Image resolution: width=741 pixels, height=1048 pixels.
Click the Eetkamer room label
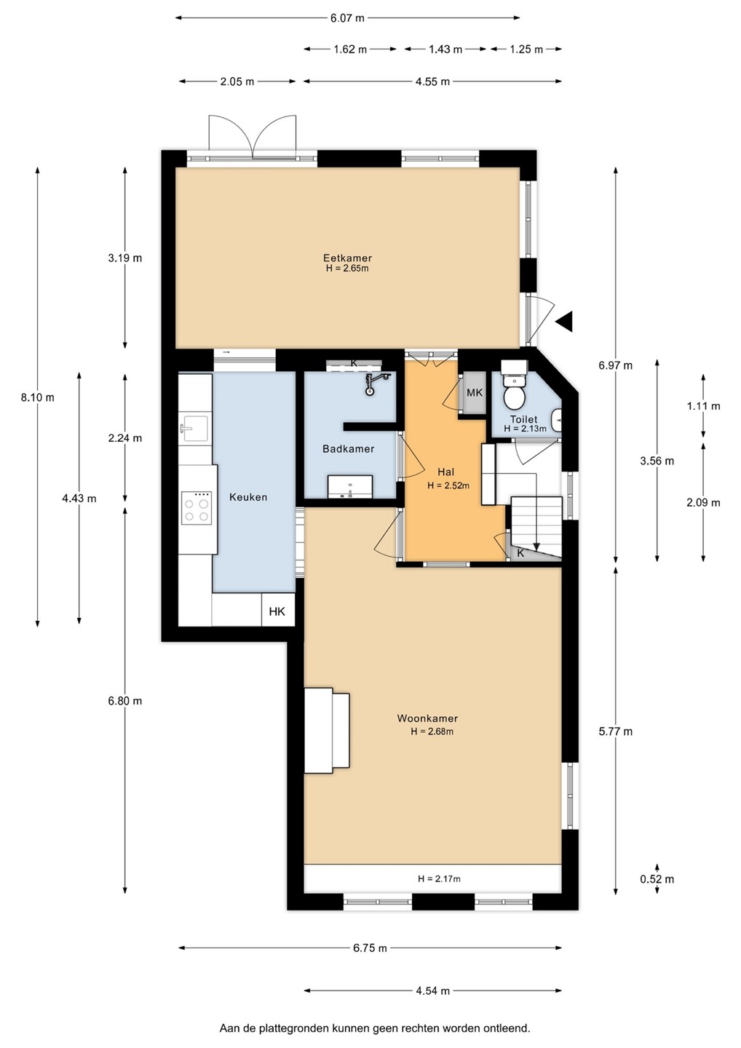347,258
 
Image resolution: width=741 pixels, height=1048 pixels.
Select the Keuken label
248,497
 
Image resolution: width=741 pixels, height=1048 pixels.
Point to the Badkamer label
349,449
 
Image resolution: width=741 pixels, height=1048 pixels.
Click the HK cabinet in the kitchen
277,611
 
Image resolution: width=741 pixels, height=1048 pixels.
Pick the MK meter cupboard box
475,392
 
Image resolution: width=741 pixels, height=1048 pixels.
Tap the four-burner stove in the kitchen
196,508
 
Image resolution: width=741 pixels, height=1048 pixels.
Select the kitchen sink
193,428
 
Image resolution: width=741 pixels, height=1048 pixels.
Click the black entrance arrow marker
565,322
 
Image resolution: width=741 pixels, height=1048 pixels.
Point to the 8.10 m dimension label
37,397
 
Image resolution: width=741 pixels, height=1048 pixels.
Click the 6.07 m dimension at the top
347,18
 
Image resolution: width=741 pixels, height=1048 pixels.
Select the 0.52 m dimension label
657,879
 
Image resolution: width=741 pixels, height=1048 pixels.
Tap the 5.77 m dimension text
616,731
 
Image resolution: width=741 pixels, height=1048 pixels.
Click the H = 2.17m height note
439,878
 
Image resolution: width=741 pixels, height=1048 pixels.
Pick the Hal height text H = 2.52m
448,485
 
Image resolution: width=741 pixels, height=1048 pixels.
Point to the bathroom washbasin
349,487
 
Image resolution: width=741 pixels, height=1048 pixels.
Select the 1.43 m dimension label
445,49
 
